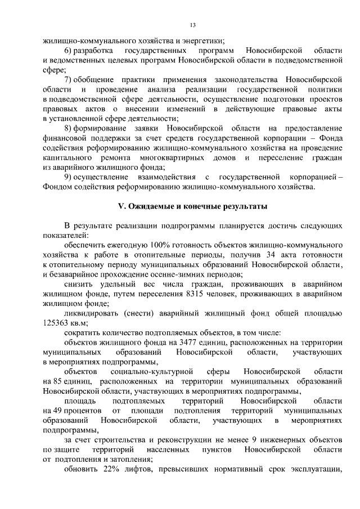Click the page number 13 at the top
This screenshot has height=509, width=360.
192,25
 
